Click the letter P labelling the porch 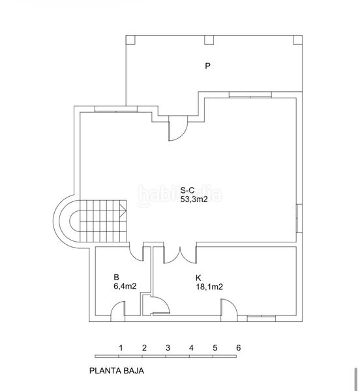[x=207, y=66]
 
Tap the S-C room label [x=187, y=190]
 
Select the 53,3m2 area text [x=194, y=199]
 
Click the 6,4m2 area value [x=125, y=286]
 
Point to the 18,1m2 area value [x=209, y=287]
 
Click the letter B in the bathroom [x=116, y=278]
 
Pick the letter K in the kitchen [x=198, y=278]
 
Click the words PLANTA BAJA [x=117, y=371]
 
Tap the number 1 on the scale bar [x=121, y=348]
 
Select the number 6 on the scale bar [x=239, y=347]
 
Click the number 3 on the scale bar [x=168, y=348]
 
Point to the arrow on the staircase [x=123, y=210]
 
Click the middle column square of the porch [x=209, y=40]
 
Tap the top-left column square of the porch [x=130, y=40]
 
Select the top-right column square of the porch [x=297, y=40]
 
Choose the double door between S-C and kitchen [x=180, y=255]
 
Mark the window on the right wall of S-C [x=299, y=218]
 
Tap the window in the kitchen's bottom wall [x=262, y=318]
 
